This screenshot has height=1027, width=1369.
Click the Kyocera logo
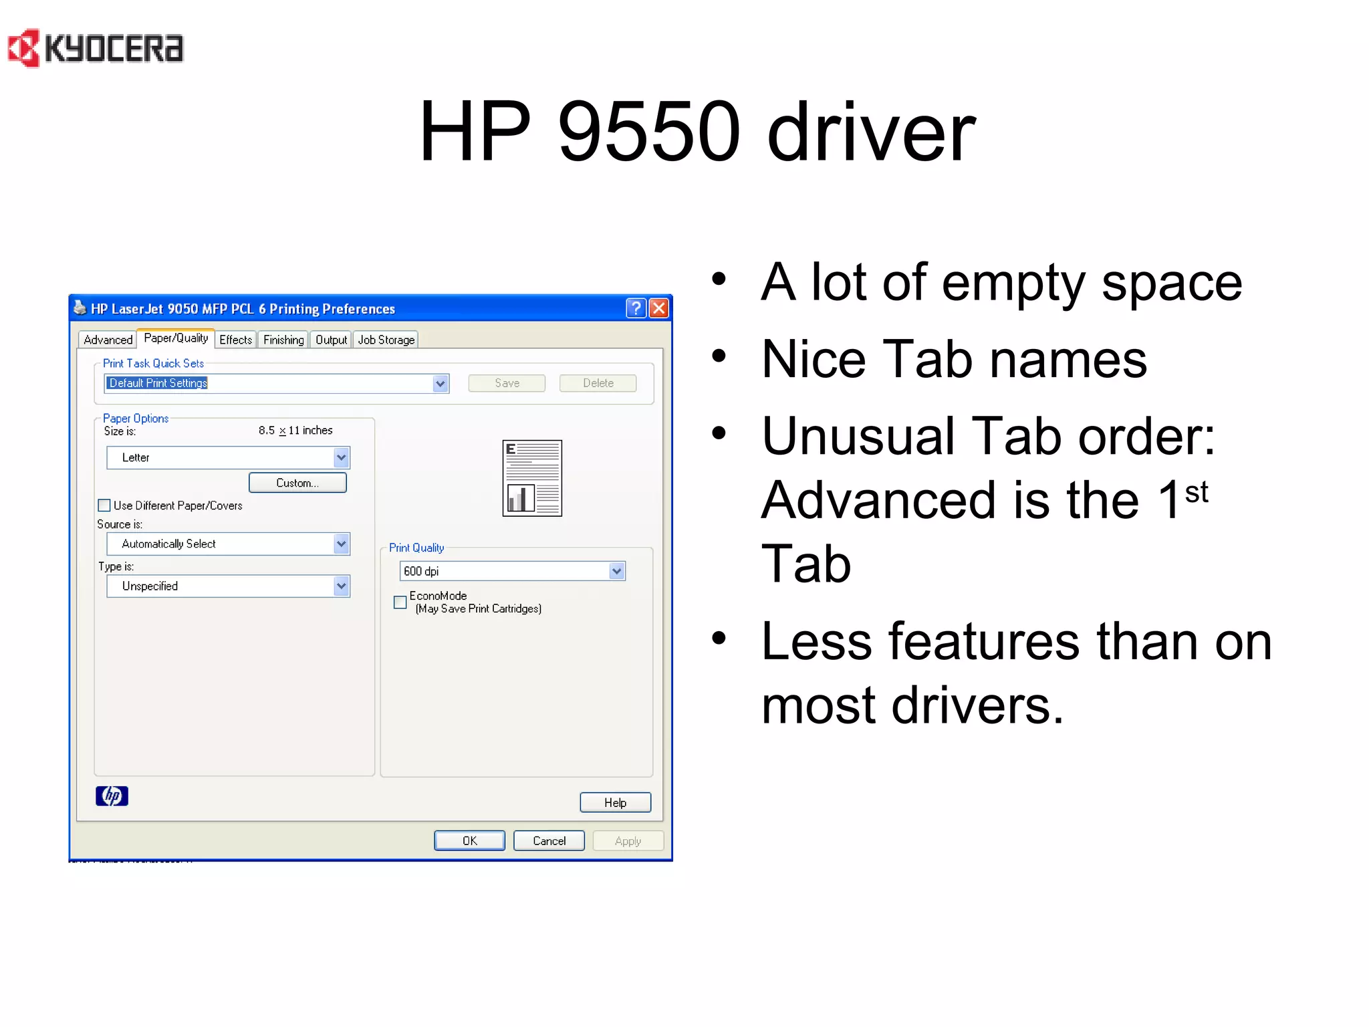point(95,48)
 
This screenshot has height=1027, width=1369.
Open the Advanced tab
point(108,340)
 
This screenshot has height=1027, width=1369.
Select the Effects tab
point(235,340)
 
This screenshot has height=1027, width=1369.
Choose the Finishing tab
point(283,340)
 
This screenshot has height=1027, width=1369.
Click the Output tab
point(331,340)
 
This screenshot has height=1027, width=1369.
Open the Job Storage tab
point(386,340)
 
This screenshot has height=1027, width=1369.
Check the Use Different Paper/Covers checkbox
point(105,505)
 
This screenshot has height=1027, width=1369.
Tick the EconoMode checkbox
point(400,602)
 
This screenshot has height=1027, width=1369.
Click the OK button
point(469,840)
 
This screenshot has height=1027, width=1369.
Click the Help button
point(615,802)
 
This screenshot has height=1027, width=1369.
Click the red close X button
point(659,308)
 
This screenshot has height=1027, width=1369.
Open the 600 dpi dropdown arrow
point(616,571)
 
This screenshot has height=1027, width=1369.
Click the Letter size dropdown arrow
point(341,457)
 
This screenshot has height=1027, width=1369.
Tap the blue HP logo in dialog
point(112,796)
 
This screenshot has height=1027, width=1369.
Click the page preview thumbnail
point(532,478)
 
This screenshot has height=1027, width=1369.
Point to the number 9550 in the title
point(648,132)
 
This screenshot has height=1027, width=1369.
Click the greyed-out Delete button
point(598,383)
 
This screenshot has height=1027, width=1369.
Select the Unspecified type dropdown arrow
point(341,586)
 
